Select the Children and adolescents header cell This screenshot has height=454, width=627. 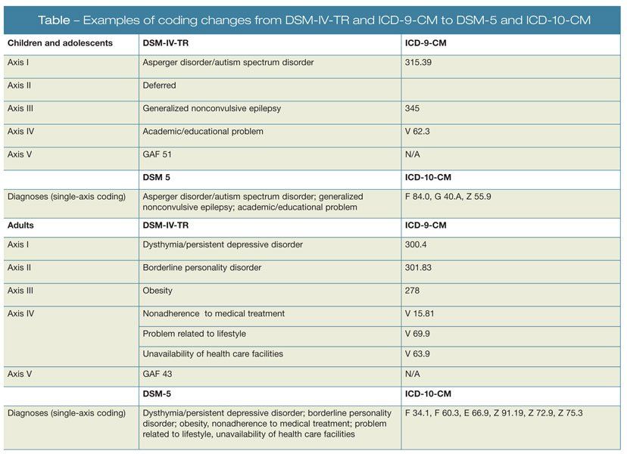pyautogui.click(x=60, y=43)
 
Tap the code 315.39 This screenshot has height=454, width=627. pyautogui.click(x=420, y=63)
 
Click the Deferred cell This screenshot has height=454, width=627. pyautogui.click(x=160, y=86)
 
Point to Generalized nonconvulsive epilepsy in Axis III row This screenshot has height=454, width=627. pyautogui.click(x=211, y=108)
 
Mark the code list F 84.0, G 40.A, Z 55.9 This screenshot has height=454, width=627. pyautogui.click(x=452, y=196)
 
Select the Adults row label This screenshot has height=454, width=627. pyautogui.click(x=20, y=225)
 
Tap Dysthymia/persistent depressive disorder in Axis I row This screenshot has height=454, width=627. pyautogui.click(x=223, y=244)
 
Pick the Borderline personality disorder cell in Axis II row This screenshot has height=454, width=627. pyautogui.click(x=202, y=267)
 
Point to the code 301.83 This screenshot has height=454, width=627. pyautogui.click(x=420, y=267)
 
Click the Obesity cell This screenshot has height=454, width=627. pyautogui.click(x=158, y=290)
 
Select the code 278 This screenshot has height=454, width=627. pyautogui.click(x=413, y=290)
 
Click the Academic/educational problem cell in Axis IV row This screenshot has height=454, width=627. pyautogui.click(x=203, y=131)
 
